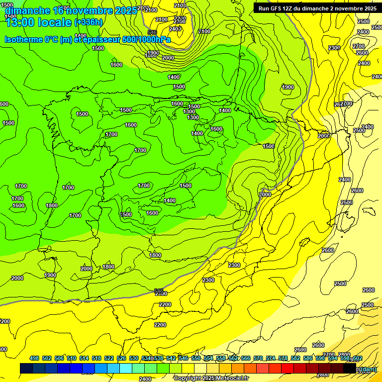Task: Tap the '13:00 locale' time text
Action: click(x=39, y=22)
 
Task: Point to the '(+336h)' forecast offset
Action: click(x=88, y=22)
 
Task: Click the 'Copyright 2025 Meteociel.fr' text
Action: click(x=211, y=378)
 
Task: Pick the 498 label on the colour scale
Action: click(x=34, y=358)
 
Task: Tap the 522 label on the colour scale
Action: click(x=108, y=358)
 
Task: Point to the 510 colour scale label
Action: click(x=71, y=358)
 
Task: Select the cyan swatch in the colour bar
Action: click(x=126, y=368)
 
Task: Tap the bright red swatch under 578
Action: click(x=287, y=368)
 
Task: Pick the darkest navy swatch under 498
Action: click(x=26, y=368)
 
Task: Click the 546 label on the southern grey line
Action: click(x=159, y=291)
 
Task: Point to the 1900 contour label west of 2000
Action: click(x=50, y=275)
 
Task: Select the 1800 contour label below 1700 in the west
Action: click(x=52, y=205)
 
